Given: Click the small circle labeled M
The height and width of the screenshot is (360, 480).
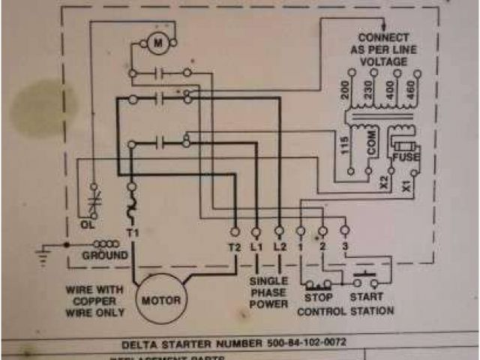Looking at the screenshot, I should click(158, 43).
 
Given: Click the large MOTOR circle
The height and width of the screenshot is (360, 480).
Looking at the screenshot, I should click(160, 300).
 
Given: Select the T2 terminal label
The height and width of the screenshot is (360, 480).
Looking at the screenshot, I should click(233, 246).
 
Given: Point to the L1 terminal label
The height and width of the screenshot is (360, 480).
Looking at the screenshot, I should click(256, 246).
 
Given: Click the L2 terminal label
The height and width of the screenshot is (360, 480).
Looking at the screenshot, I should click(279, 246).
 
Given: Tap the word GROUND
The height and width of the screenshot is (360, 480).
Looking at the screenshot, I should click(104, 256).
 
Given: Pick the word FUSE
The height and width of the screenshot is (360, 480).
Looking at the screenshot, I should click(406, 157).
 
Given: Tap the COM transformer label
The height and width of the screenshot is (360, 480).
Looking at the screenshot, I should click(370, 147).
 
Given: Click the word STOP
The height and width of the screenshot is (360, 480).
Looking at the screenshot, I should click(317, 297).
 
